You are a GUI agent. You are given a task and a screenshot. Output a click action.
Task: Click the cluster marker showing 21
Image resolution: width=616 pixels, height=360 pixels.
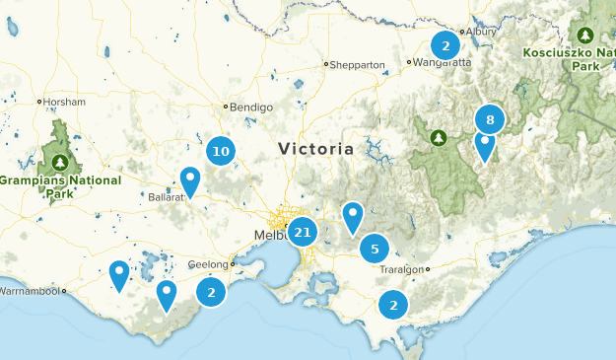coord(303,233)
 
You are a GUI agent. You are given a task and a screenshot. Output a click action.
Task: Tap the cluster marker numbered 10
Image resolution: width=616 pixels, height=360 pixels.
coord(221,151)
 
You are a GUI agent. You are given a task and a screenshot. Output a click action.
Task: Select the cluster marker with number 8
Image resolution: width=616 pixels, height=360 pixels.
coord(490,119)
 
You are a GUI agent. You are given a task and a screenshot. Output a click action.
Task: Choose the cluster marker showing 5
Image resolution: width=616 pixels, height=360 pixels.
coord(375,249)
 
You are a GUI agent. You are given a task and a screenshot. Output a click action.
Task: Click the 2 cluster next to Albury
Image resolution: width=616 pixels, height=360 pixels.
coord(445,44)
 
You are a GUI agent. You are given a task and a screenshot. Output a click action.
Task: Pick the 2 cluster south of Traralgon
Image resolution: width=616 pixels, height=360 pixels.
coord(394,305)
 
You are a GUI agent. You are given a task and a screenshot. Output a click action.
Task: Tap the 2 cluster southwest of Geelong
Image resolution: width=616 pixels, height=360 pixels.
coord(210,292)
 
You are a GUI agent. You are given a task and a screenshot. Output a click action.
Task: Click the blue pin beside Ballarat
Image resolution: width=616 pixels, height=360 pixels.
coord(190,180)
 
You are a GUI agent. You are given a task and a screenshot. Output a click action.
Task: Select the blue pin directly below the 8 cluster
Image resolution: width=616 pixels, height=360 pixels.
coord(484,145)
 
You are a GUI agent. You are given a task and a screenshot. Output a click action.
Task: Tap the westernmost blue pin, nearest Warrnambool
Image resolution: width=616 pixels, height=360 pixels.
coord(119,274)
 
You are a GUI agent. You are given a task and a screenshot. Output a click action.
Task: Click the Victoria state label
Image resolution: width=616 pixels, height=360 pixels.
coord(315,149)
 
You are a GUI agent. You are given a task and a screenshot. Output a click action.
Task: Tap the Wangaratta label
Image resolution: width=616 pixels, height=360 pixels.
coord(443,62)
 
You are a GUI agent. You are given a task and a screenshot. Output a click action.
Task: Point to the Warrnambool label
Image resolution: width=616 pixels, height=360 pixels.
coord(32,292)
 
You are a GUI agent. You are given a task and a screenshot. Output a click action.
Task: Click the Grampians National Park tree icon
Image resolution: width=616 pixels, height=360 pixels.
coord(61,161)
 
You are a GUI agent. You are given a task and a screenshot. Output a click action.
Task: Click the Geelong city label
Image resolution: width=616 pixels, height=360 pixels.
coord(207,264)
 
